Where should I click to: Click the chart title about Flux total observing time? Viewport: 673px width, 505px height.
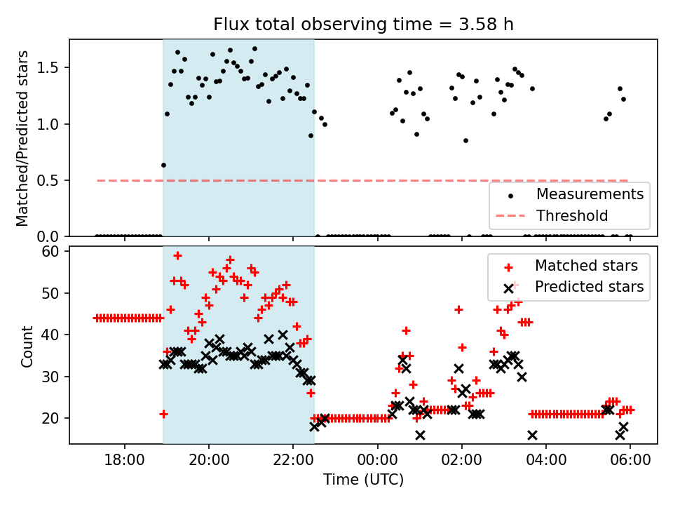tap(363, 25)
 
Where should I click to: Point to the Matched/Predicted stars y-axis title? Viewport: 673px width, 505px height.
tap(22, 138)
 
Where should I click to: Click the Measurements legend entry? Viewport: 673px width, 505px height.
tap(590, 194)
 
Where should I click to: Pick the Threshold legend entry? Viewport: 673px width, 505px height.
tap(571, 215)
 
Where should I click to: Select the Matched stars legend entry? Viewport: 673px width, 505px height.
tap(586, 266)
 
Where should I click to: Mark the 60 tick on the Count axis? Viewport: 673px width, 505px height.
tap(54, 251)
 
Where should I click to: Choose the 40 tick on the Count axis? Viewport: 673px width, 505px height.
tap(54, 335)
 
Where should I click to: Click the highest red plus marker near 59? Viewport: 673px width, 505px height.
tap(177, 255)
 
